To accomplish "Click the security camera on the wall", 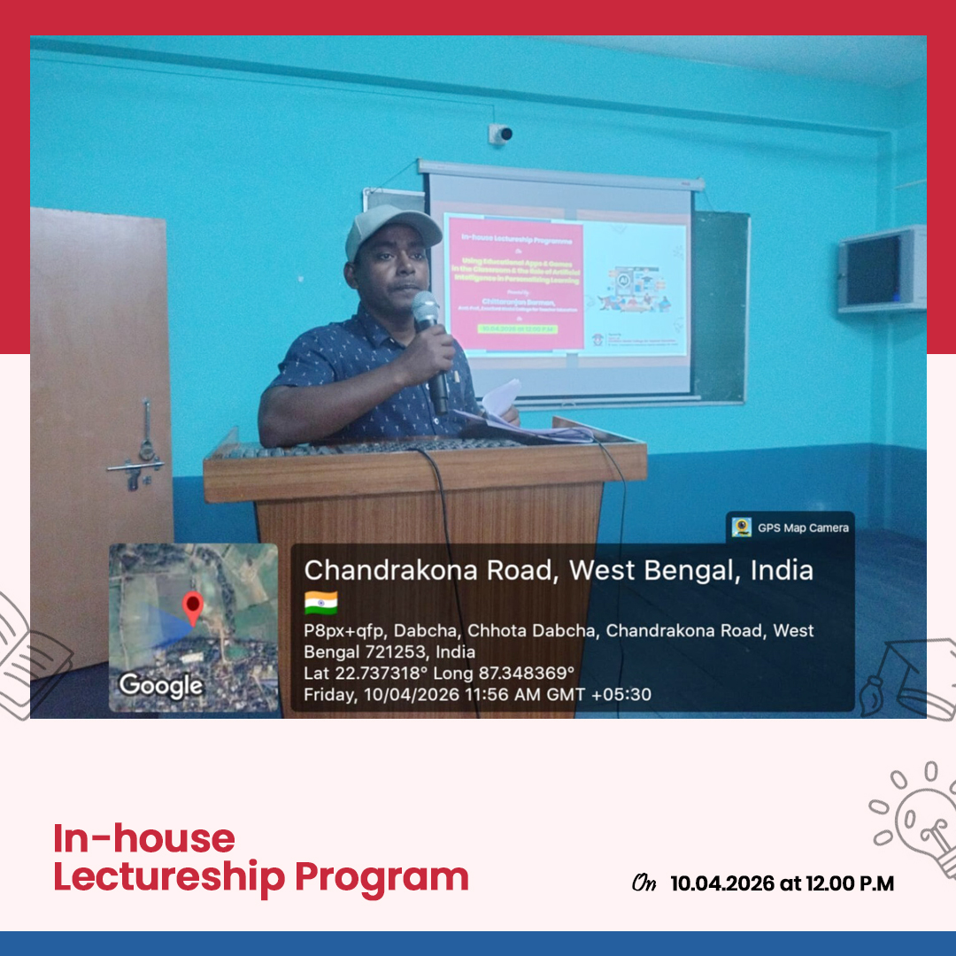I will (501, 133).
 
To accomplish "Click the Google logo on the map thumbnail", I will (160, 684).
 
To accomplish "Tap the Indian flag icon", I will (320, 603).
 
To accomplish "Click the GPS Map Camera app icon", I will (742, 528).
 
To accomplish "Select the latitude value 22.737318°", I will (381, 674).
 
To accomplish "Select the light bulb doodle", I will (921, 814).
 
